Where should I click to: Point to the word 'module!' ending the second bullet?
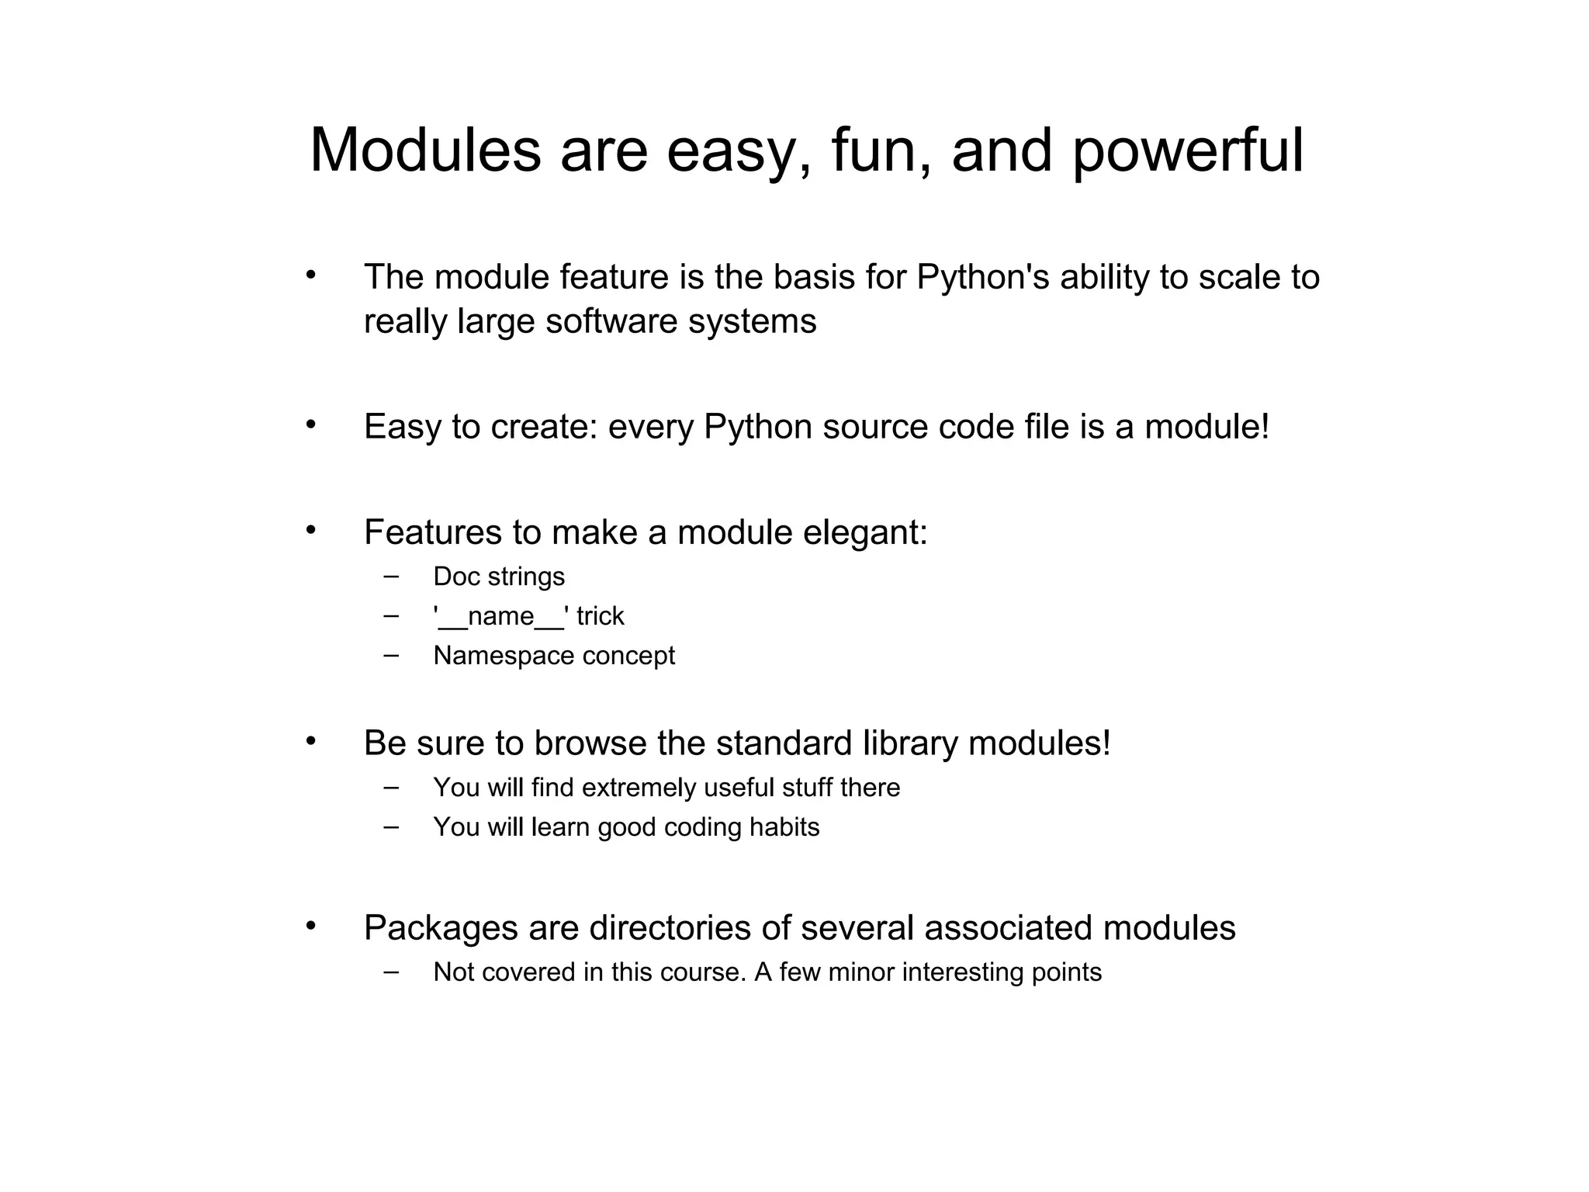pyautogui.click(x=1206, y=427)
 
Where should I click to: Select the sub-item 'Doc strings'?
pyautogui.click(x=499, y=577)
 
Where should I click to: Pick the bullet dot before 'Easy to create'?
pyautogui.click(x=311, y=424)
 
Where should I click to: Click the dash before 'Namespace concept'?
pyautogui.click(x=392, y=654)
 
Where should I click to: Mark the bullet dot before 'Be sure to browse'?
pyautogui.click(x=311, y=741)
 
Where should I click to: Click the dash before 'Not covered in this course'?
pyautogui.click(x=392, y=971)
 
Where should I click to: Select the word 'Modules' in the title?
pyautogui.click(x=425, y=151)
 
